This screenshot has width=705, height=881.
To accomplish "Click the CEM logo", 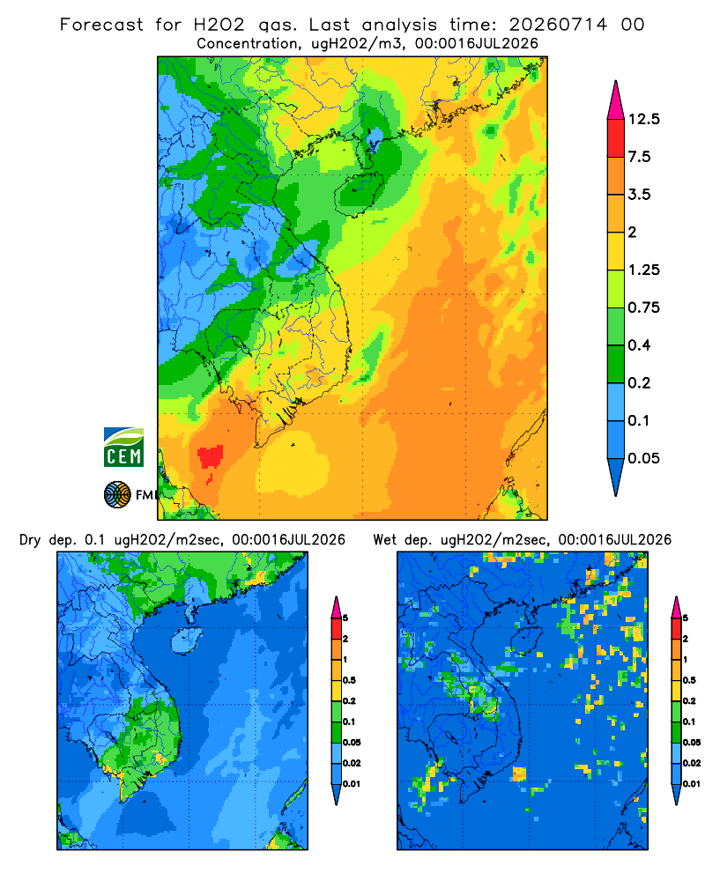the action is coord(123,448).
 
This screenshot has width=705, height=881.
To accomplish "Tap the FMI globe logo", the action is coord(117,494).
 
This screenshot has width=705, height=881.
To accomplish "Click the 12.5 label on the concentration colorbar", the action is coord(643,119).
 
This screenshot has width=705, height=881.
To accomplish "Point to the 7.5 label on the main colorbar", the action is coord(639,157).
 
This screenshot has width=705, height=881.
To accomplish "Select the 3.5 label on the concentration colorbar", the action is coord(639,195).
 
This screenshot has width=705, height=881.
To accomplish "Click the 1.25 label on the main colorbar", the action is coord(643,270).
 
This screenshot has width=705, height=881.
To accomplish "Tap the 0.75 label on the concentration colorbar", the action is coord(643,307).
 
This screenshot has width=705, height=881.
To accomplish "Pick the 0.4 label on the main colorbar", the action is coord(639,345).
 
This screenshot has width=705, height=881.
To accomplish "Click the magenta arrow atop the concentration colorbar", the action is coord(616,101).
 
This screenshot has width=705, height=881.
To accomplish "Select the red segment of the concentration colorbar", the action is coord(616,138).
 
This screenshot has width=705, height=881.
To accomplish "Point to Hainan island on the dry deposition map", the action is coord(186,641).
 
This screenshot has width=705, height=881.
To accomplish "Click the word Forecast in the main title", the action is coord(101,25).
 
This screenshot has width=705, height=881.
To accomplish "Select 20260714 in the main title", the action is coord(558,25).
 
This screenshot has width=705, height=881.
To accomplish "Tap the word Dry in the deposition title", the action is coord(30,540).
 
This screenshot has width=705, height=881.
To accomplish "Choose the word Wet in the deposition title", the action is coord(385,540).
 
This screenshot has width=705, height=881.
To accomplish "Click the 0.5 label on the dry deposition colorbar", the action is coord(349,680).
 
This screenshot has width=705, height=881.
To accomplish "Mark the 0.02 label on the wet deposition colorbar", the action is coord(692,763).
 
